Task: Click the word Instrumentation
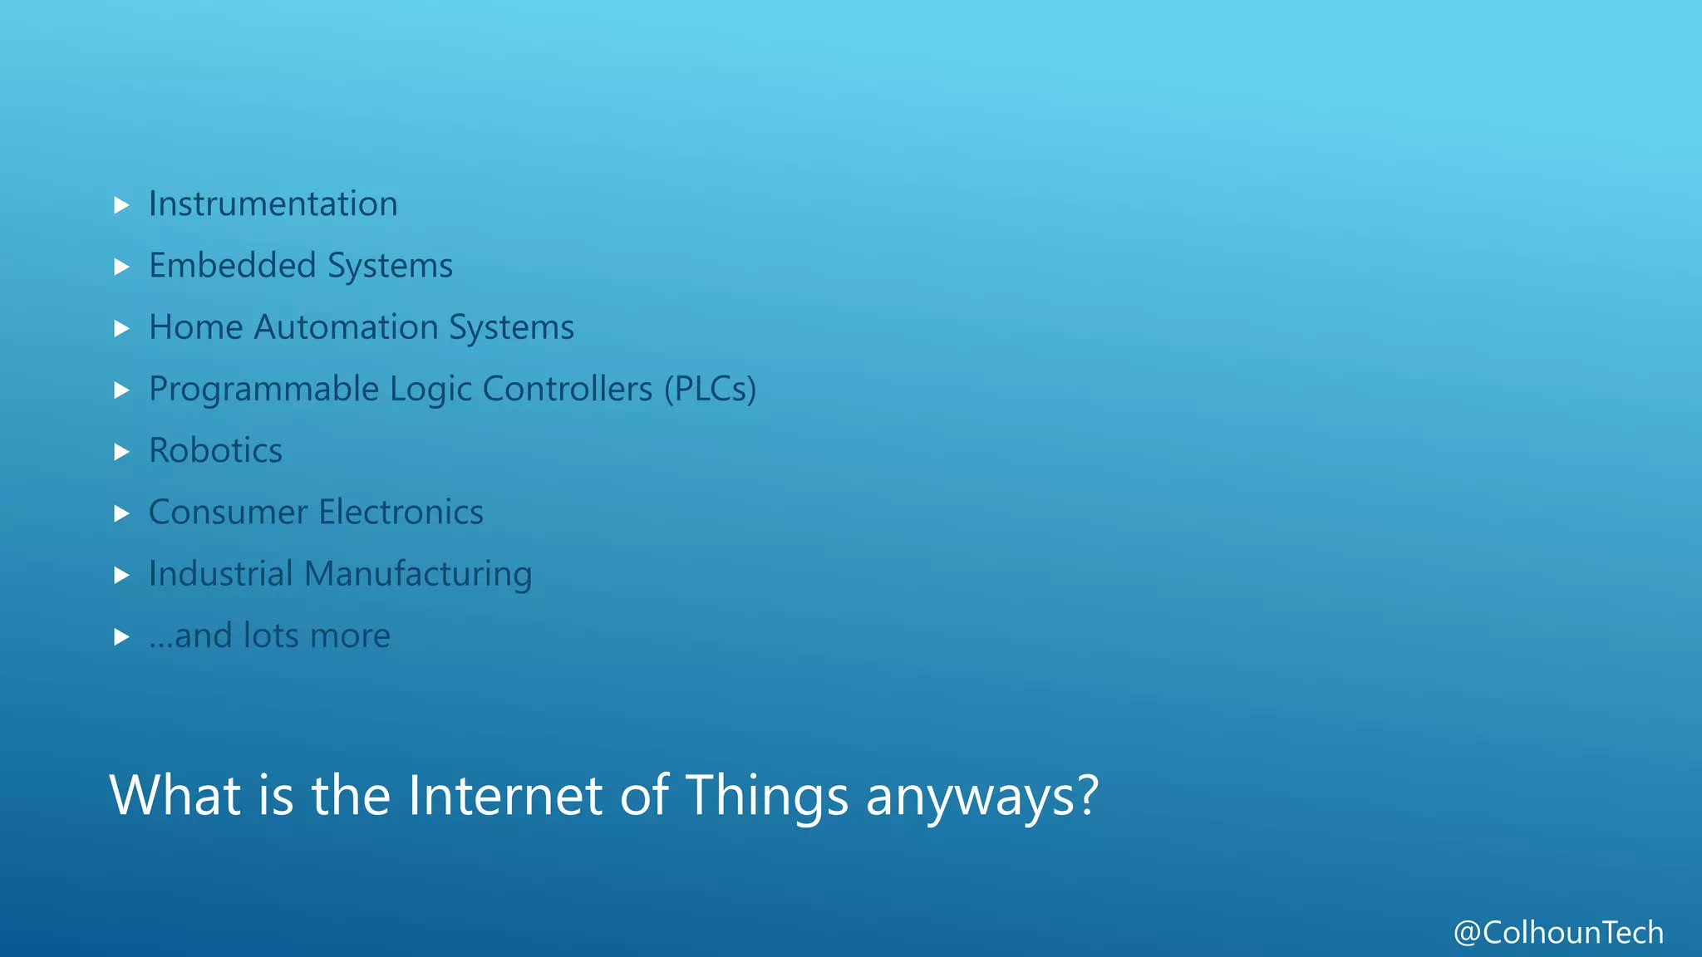pyautogui.click(x=273, y=204)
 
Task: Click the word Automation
pyautogui.click(x=346, y=327)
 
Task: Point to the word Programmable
pyautogui.click(x=263, y=390)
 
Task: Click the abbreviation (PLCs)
pyautogui.click(x=710, y=390)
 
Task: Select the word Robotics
pyautogui.click(x=215, y=451)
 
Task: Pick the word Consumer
pyautogui.click(x=228, y=513)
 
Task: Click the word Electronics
pyautogui.click(x=401, y=513)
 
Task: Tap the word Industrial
pyautogui.click(x=220, y=574)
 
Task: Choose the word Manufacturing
pyautogui.click(x=418, y=575)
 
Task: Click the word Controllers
pyautogui.click(x=568, y=389)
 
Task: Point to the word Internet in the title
pyautogui.click(x=504, y=795)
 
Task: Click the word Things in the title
pyautogui.click(x=766, y=797)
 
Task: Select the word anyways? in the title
pyautogui.click(x=982, y=797)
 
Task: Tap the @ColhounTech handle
pyautogui.click(x=1558, y=933)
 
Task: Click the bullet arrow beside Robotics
pyautogui.click(x=121, y=452)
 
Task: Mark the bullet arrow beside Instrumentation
pyautogui.click(x=121, y=205)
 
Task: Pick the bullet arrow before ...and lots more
pyautogui.click(x=121, y=637)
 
